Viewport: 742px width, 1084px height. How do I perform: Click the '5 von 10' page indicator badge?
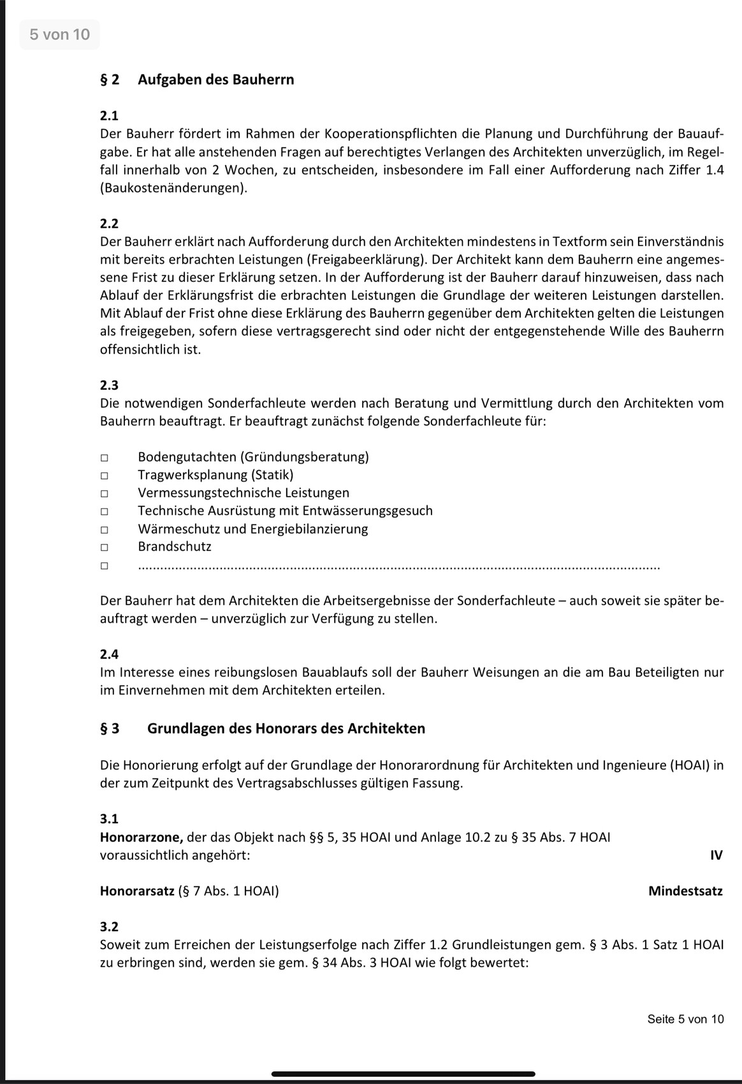[x=60, y=34]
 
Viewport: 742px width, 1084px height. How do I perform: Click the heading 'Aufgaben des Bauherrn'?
[x=215, y=80]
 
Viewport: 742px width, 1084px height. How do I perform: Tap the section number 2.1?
[x=109, y=115]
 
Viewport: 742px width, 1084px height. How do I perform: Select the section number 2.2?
[x=109, y=223]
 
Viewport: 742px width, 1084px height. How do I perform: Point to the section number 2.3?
[x=109, y=385]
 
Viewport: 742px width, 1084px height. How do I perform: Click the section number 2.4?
[x=109, y=654]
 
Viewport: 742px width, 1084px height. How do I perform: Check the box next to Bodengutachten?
[x=104, y=457]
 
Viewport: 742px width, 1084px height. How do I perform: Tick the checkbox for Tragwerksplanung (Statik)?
[x=104, y=475]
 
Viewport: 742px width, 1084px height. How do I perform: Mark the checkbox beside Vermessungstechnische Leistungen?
[x=104, y=493]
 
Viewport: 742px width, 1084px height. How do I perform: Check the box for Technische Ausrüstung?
[x=104, y=511]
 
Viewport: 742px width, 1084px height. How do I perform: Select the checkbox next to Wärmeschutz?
[x=104, y=529]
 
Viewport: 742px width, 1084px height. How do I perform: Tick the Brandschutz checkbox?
[x=104, y=547]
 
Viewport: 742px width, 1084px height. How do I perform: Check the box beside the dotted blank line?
[x=104, y=565]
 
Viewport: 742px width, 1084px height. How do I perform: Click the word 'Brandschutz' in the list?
[x=174, y=546]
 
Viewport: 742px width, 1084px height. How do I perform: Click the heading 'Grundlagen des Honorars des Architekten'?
[x=286, y=728]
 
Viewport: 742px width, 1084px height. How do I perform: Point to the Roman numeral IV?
[x=716, y=855]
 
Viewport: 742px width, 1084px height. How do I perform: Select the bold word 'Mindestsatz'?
[x=685, y=891]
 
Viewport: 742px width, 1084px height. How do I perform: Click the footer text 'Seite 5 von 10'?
[x=685, y=1019]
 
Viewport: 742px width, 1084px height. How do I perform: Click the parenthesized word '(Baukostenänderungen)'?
[x=173, y=188]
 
